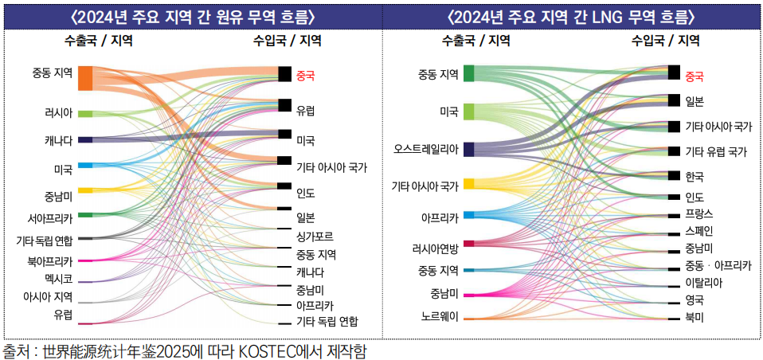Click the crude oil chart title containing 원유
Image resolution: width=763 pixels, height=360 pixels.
point(192,16)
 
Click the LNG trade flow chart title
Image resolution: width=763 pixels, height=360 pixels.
point(571,16)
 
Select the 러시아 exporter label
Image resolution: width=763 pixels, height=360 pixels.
point(58,113)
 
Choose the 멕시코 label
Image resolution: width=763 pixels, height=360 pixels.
point(58,280)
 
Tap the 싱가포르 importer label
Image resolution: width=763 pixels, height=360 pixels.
point(314,237)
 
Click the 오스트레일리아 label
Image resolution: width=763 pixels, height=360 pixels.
point(426,149)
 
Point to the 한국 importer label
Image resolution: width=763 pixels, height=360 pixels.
point(695,176)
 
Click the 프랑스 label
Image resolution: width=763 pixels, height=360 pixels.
point(699,214)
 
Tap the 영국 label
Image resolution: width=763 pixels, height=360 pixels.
point(695,299)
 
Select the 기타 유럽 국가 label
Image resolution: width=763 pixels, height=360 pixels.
point(716,151)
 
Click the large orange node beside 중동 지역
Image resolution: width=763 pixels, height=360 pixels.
point(85,78)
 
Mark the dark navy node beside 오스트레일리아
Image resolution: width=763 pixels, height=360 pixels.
point(469,149)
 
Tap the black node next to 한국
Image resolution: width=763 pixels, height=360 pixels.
point(674,176)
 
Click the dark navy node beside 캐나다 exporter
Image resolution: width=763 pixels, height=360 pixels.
point(85,140)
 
